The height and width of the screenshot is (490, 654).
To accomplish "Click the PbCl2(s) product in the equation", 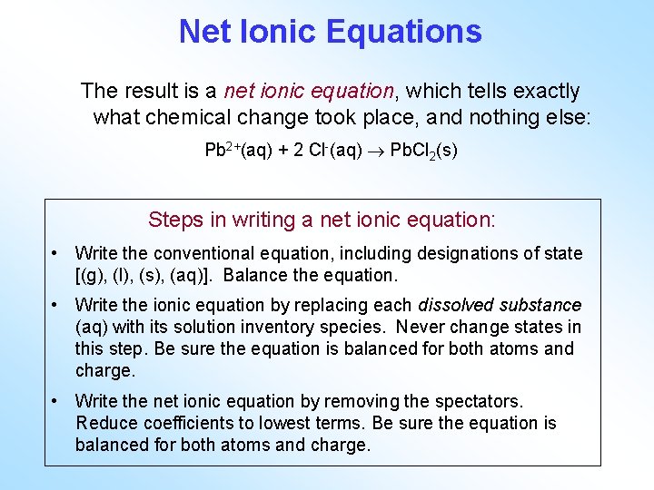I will (423, 151).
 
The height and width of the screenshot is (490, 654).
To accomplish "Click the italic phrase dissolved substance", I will (499, 305).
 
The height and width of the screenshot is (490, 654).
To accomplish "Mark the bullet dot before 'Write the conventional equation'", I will (56, 253).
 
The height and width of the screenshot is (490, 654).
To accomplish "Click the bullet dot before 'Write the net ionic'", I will (56, 401).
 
